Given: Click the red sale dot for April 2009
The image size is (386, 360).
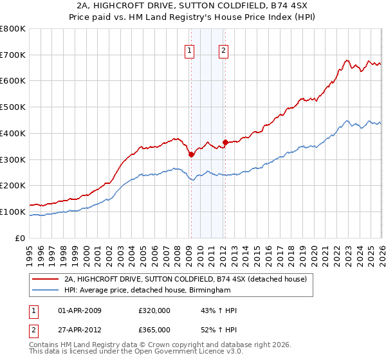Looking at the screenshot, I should tap(191, 154).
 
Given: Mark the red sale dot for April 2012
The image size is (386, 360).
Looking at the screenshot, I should tap(225, 142).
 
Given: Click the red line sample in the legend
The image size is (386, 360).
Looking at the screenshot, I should tap(45, 278).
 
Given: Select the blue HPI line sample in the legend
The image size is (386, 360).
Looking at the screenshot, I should tap(45, 290).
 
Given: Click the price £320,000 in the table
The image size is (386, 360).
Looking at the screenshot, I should tap(154, 310).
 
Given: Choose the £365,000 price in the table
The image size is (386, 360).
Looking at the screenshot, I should tap(154, 329).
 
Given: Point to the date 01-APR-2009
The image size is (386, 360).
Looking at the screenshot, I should tap(79, 310).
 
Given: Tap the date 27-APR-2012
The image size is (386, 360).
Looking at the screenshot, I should tap(79, 329).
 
